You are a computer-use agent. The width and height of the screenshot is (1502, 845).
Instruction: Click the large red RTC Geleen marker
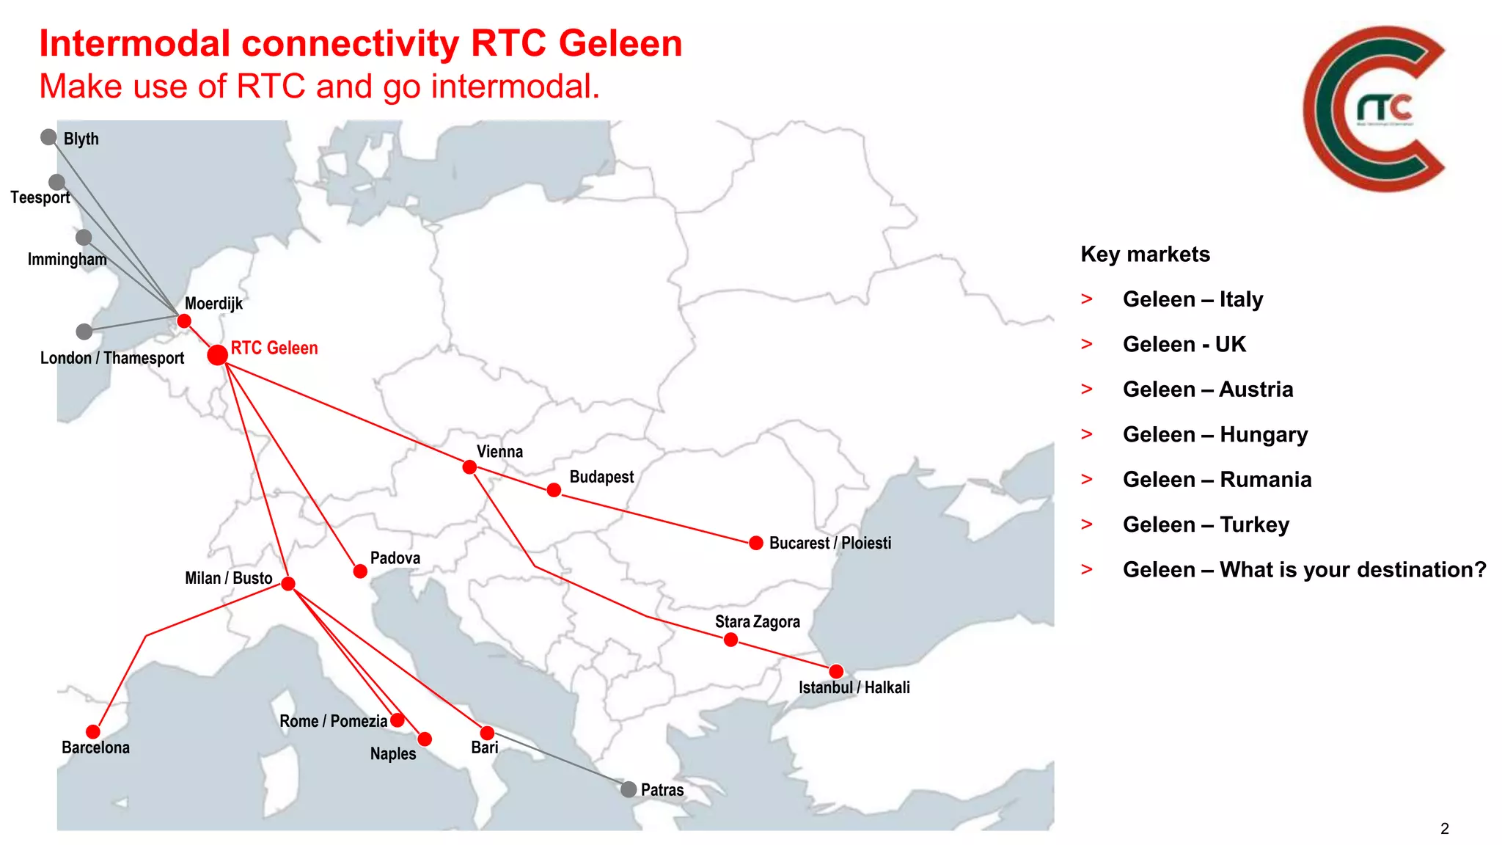[217, 355]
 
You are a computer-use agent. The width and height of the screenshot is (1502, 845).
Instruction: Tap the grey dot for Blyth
[48, 137]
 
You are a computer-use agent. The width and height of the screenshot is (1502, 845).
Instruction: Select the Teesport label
[40, 197]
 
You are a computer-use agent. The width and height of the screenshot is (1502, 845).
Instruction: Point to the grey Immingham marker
[84, 238]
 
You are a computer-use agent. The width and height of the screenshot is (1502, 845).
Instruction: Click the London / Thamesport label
[112, 358]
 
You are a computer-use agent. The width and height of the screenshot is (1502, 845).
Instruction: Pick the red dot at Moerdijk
[184, 321]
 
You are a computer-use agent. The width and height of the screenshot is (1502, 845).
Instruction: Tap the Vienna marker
[469, 467]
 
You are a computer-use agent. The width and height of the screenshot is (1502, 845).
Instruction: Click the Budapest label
[601, 477]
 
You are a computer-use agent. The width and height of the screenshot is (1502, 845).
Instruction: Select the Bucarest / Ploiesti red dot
[756, 543]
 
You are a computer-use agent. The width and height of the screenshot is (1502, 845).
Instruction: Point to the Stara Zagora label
[758, 622]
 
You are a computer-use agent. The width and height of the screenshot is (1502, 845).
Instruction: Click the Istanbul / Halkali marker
[836, 671]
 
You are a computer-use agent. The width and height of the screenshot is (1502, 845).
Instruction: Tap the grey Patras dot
[629, 789]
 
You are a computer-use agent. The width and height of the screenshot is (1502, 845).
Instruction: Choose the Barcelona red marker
[93, 731]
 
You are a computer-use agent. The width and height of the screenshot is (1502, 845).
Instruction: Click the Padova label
[395, 558]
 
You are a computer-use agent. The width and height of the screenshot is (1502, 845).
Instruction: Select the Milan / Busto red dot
[288, 584]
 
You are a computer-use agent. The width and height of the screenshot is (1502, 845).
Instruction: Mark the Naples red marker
[425, 739]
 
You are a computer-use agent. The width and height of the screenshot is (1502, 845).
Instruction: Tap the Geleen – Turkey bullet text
[1206, 525]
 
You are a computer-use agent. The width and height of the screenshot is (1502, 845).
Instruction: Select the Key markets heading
[1145, 255]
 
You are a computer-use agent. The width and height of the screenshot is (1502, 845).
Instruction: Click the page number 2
[1444, 829]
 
